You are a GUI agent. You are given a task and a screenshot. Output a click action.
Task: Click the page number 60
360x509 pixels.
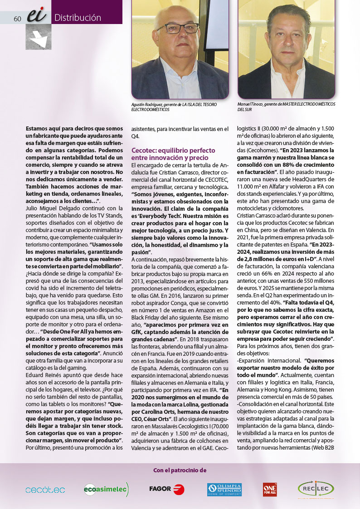click(18, 19)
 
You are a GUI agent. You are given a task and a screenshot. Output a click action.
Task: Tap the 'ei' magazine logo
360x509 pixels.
click(36, 16)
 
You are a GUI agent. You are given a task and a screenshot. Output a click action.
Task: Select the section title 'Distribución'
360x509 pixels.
click(78, 18)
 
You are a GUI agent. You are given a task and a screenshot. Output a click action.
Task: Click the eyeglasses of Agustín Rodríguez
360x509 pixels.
click(178, 29)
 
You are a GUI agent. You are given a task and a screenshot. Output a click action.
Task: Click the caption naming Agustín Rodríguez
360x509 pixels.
click(174, 107)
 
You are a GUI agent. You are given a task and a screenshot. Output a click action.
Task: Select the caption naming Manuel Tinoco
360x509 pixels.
click(286, 107)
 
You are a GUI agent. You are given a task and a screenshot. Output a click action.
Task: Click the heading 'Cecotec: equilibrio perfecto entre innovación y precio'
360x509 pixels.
click(173, 153)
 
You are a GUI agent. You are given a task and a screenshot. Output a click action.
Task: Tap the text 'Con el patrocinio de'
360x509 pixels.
click(180, 470)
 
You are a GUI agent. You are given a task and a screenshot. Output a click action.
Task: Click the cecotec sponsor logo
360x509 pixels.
click(45, 490)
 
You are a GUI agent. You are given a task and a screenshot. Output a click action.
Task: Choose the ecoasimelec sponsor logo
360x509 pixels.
click(107, 489)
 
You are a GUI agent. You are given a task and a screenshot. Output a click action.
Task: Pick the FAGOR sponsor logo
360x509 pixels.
click(166, 489)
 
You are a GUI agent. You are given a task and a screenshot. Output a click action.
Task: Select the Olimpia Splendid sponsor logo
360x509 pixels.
click(224, 490)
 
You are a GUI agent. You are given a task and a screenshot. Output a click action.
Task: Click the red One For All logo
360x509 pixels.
click(269, 490)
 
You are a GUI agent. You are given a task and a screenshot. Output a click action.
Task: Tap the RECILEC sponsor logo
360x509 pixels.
click(316, 489)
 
